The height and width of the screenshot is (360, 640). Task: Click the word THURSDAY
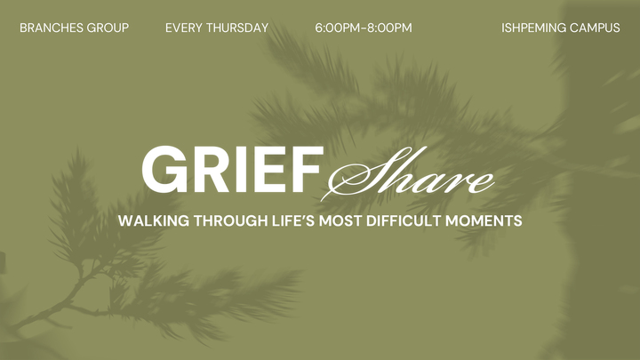(237, 28)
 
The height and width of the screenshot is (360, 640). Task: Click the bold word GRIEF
(232, 170)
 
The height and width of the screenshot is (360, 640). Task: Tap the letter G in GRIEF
(164, 170)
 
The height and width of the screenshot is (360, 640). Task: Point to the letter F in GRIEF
(308, 170)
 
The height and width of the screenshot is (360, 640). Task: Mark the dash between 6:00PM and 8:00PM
(364, 28)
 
